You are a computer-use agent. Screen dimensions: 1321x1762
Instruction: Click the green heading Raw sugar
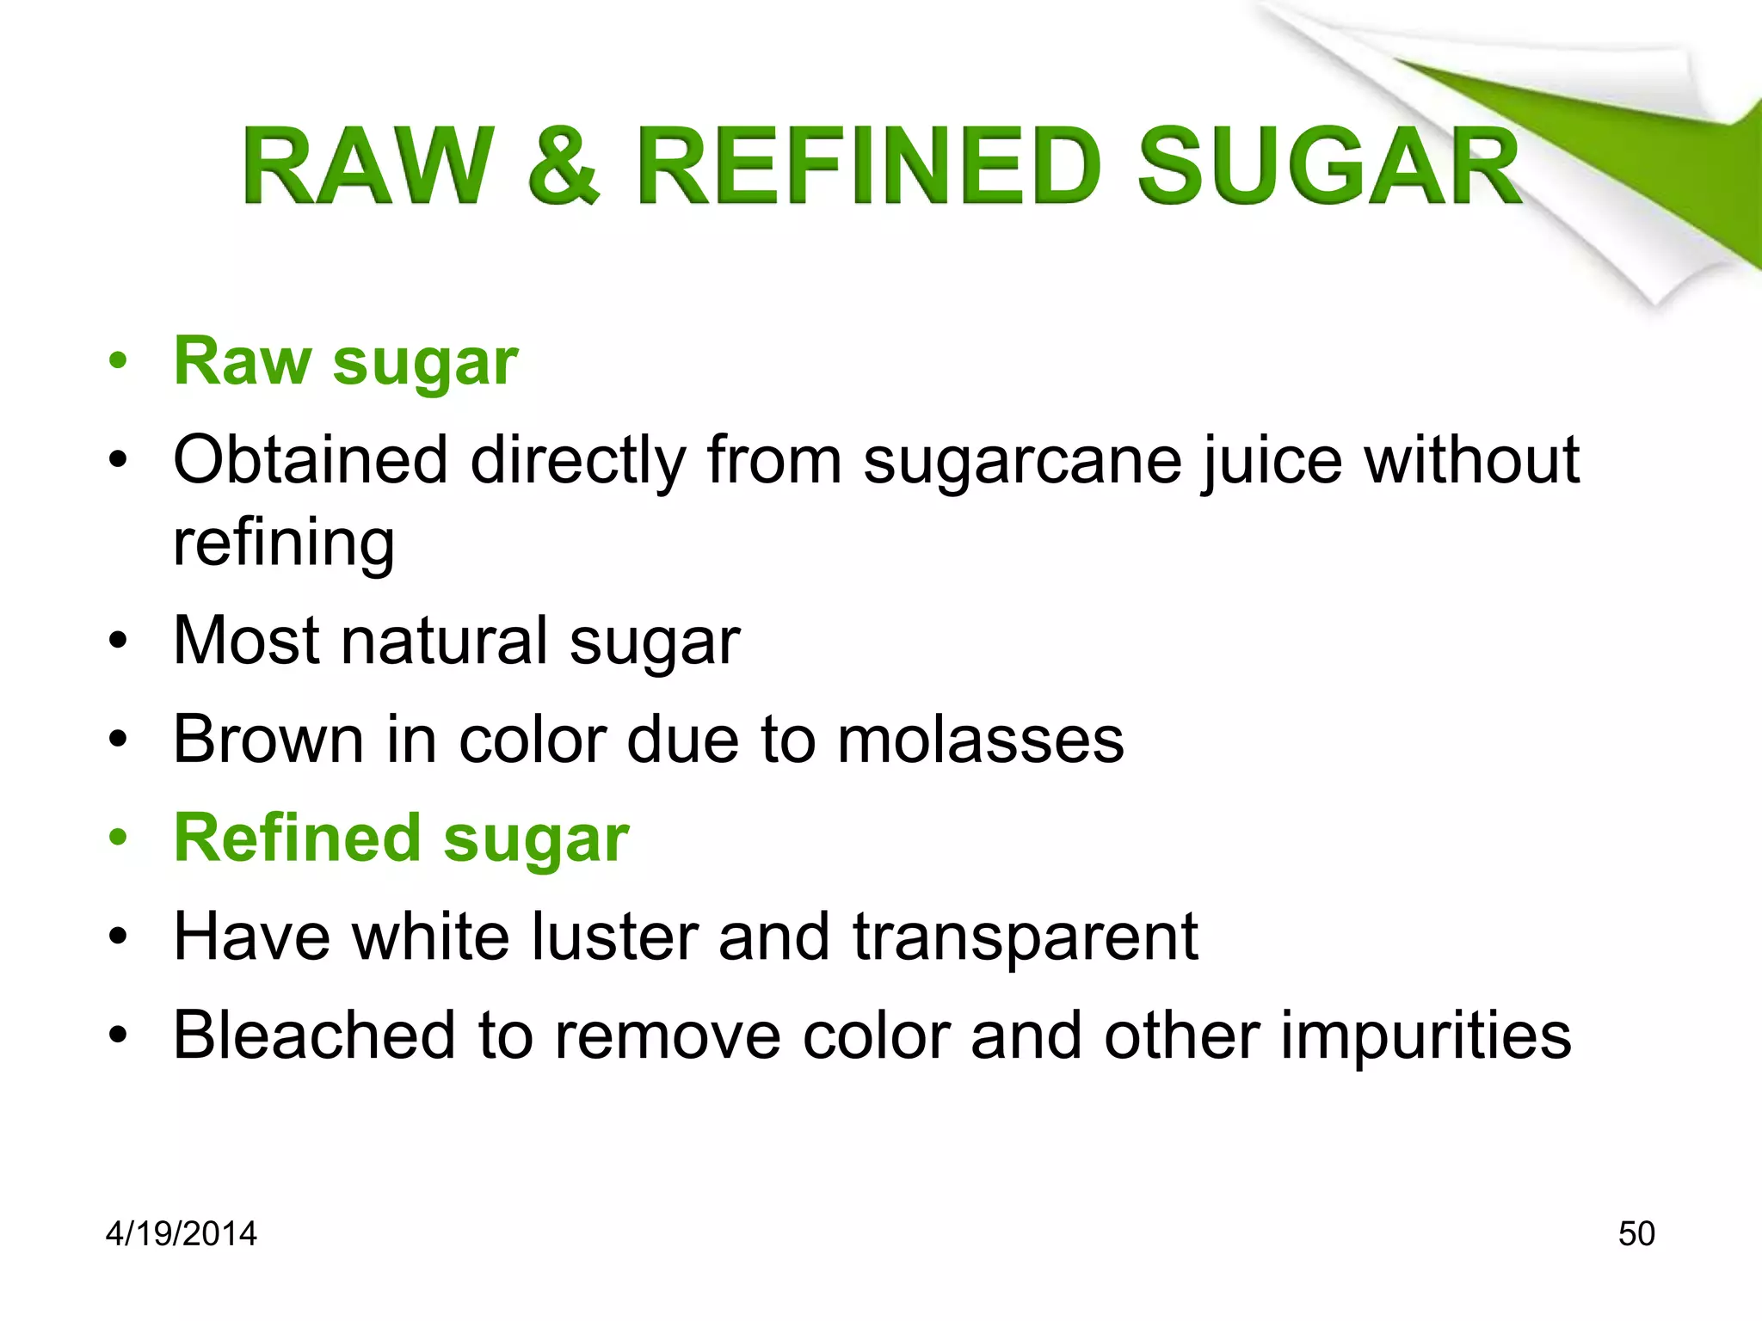346,362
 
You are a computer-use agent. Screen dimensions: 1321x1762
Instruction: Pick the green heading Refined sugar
402,839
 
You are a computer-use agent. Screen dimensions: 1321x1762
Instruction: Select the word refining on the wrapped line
284,544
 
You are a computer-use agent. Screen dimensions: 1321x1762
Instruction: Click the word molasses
981,740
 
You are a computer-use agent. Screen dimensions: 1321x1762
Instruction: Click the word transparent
1026,938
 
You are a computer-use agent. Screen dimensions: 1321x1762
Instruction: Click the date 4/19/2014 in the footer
182,1234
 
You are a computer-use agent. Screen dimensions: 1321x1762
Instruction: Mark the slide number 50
1636,1234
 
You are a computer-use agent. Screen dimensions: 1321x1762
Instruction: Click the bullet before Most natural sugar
118,641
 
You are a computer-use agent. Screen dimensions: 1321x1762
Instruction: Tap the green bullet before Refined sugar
118,838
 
